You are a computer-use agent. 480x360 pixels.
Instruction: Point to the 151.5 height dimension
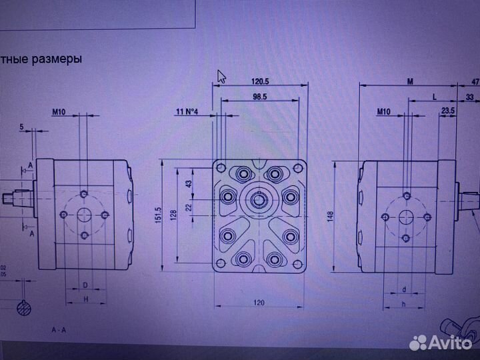[x=159, y=215]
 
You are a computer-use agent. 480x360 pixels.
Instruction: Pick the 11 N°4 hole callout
[x=188, y=111]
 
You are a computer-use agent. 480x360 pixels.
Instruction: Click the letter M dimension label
[x=411, y=81]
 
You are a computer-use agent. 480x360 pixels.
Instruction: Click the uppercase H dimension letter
[x=85, y=299]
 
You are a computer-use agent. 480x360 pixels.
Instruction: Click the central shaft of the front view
[x=259, y=198]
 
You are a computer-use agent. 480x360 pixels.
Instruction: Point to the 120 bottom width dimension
[x=259, y=303]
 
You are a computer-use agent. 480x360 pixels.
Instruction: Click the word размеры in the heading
[x=60, y=59]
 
